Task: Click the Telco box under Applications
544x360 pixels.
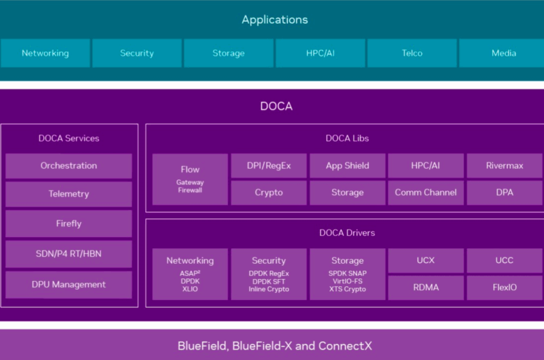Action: (x=411, y=53)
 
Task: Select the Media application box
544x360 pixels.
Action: (x=501, y=53)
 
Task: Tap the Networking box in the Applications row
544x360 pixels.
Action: (x=45, y=53)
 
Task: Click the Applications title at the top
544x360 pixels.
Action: (x=275, y=20)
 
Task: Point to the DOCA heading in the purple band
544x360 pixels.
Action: (x=276, y=106)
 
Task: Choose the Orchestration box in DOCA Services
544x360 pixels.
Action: (x=68, y=166)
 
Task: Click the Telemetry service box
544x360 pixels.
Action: (x=68, y=194)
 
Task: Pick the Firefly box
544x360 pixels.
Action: (x=68, y=223)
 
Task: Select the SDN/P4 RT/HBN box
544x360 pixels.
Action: (x=68, y=254)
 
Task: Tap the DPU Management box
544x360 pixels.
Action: (x=68, y=285)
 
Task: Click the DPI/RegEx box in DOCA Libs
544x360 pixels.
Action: (x=269, y=165)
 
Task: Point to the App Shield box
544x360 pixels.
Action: (x=347, y=165)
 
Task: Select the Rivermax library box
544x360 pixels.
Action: (x=505, y=165)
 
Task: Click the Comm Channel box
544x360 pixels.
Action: (x=425, y=193)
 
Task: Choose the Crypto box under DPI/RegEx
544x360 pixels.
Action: (x=269, y=193)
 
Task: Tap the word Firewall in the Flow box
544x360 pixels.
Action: (x=190, y=190)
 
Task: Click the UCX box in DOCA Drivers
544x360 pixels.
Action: (x=425, y=260)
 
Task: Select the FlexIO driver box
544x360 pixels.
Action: (x=505, y=287)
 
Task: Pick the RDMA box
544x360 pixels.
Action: (x=425, y=287)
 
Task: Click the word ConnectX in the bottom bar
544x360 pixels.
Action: (x=345, y=346)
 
